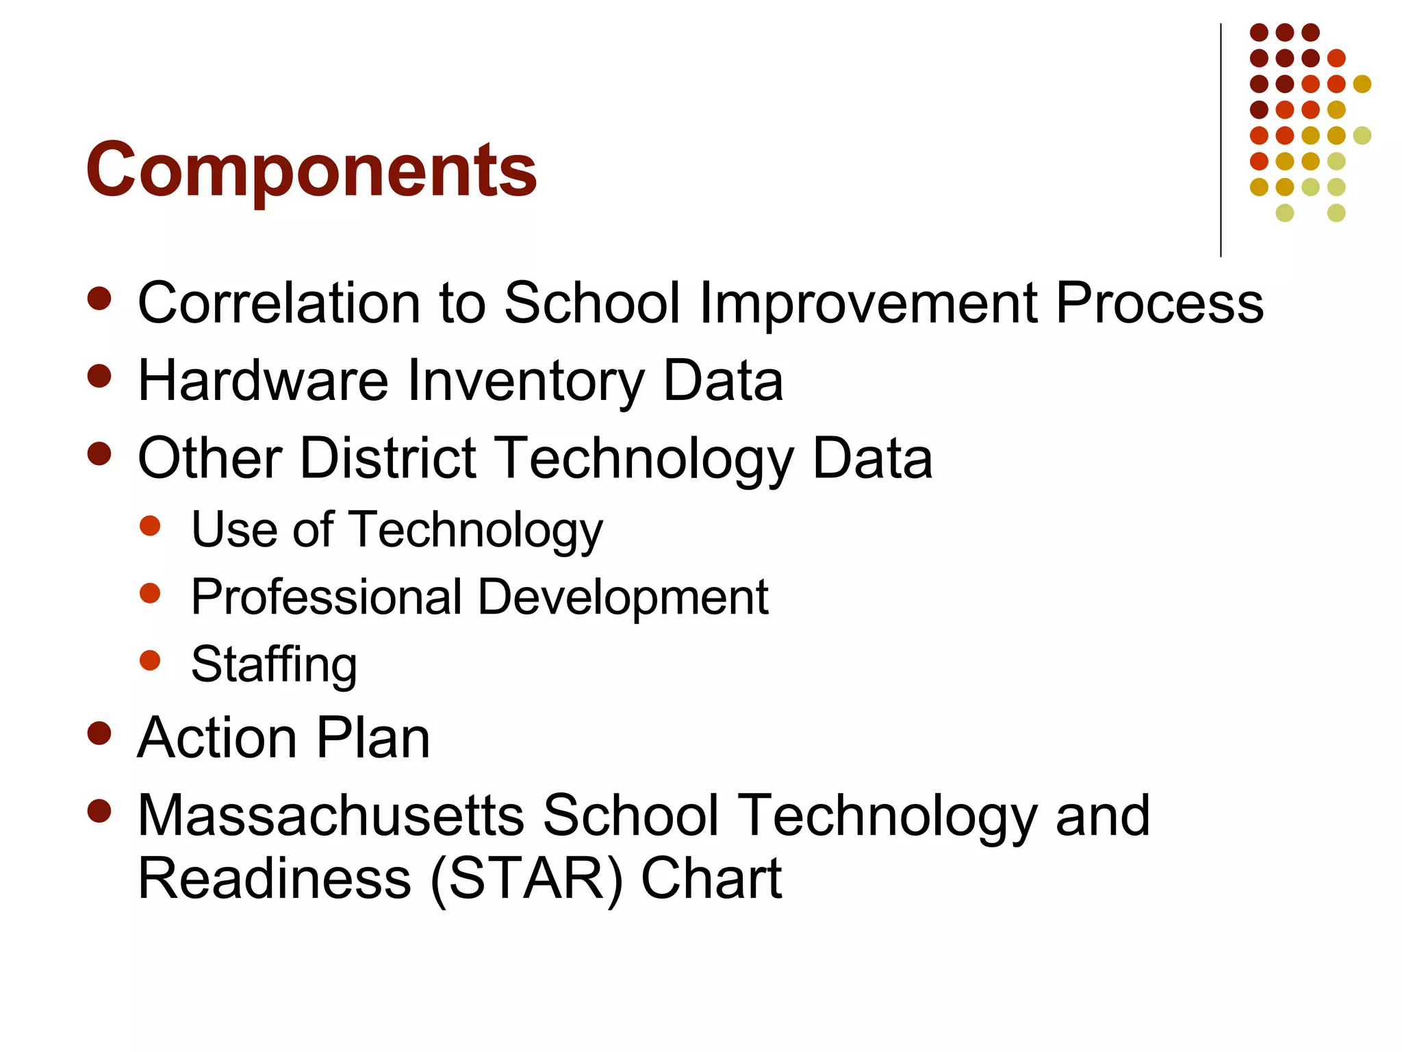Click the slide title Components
(311, 169)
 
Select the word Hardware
(263, 381)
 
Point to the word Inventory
(526, 382)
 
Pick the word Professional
(327, 597)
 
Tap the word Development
(623, 598)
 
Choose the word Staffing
(274, 664)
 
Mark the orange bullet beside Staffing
(149, 660)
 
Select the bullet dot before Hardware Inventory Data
(100, 375)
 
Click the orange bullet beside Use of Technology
(149, 525)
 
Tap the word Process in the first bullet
(1159, 304)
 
